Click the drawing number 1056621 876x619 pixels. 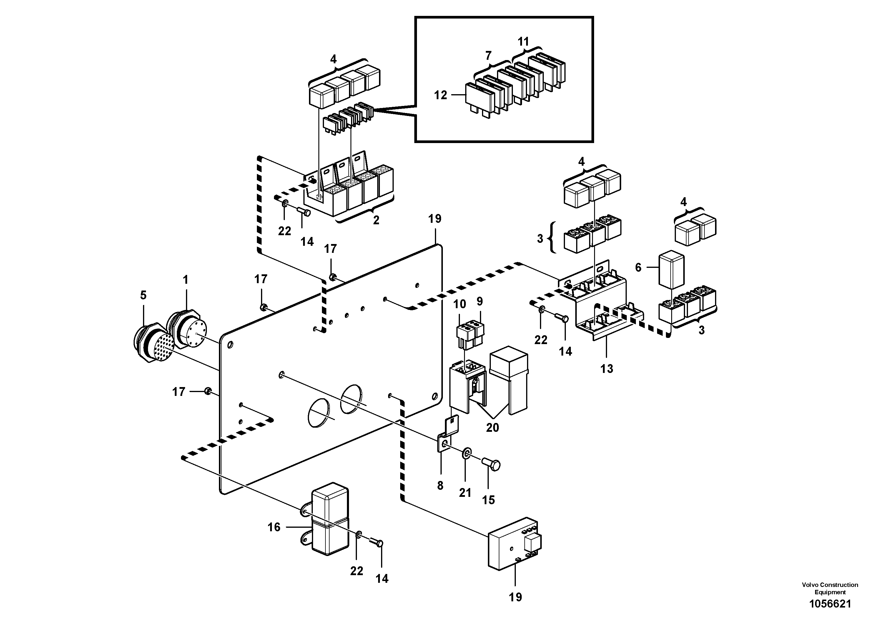[x=830, y=604]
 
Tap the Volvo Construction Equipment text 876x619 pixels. [x=830, y=588]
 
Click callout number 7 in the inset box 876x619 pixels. [x=488, y=56]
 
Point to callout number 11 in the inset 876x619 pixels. [x=523, y=42]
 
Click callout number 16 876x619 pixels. [x=274, y=527]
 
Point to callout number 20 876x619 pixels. [x=492, y=428]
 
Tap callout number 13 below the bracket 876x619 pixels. [x=607, y=369]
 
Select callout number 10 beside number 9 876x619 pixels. [x=460, y=304]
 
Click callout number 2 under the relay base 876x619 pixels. [x=376, y=220]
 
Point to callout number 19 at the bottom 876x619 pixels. [x=515, y=597]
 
